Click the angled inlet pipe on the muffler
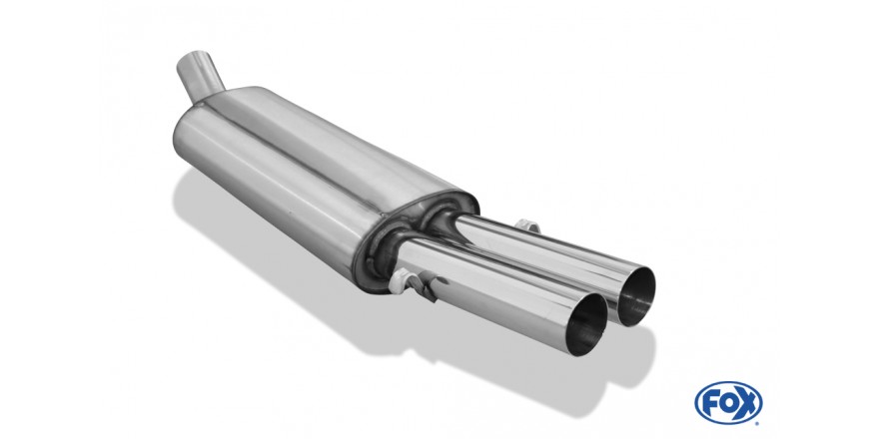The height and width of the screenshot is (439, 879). click(x=199, y=77)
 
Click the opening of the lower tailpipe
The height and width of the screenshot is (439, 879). click(x=587, y=325)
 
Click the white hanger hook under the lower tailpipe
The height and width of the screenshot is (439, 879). click(x=414, y=282)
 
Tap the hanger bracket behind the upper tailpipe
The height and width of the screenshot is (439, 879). click(x=528, y=225)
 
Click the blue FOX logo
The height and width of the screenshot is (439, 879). click(x=728, y=403)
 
